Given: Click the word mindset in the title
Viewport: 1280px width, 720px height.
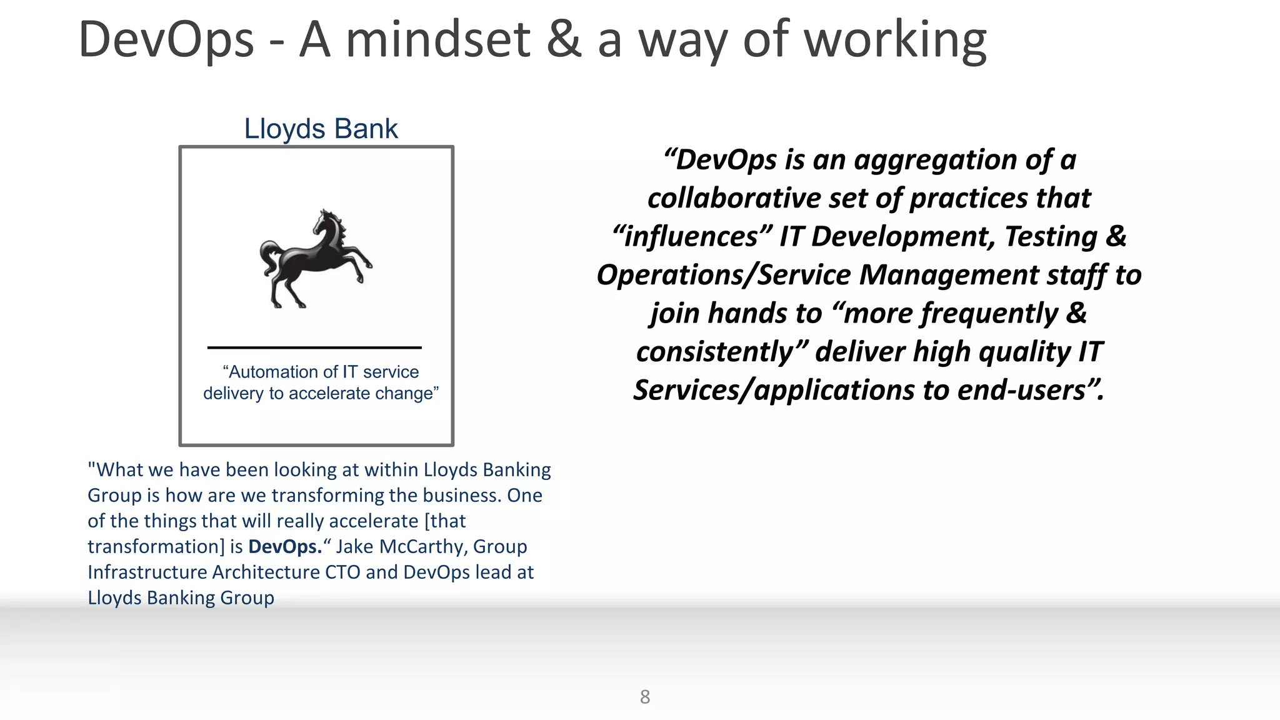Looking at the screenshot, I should (x=437, y=40).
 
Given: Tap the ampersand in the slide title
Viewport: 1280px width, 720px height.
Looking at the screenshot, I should (x=563, y=40).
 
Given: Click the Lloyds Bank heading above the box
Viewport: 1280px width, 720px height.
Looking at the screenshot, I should (x=321, y=129).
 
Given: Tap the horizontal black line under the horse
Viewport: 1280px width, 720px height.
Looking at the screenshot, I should (x=314, y=347).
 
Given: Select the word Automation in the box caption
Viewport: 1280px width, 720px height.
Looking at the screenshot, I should (x=274, y=372).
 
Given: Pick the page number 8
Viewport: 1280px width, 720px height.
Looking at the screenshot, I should (x=645, y=697).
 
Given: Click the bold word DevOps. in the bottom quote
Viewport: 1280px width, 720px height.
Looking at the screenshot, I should (x=285, y=547).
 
